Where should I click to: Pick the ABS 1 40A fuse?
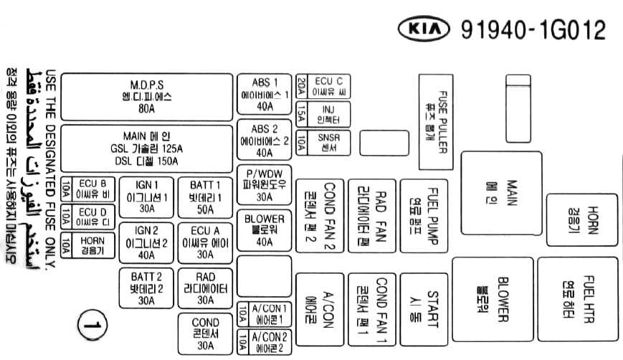pyautogui.click(x=265, y=94)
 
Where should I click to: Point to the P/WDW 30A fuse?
pyautogui.click(x=265, y=185)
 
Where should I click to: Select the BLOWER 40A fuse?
pyautogui.click(x=265, y=230)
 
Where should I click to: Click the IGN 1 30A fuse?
pyautogui.click(x=146, y=196)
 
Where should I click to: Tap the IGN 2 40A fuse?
pyautogui.click(x=146, y=242)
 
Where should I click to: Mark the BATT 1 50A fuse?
pyautogui.click(x=205, y=196)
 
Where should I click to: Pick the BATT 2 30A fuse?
pyautogui.click(x=146, y=288)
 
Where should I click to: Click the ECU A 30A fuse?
pyautogui.click(x=205, y=242)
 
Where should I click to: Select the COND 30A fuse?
pyautogui.click(x=205, y=334)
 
